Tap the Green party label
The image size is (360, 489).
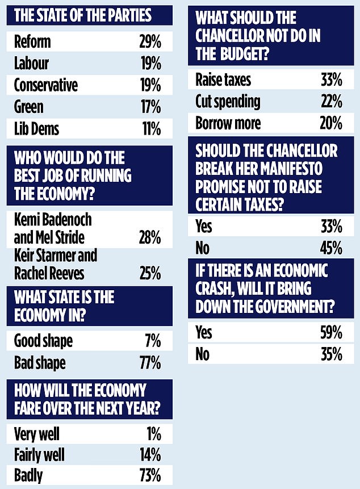29,107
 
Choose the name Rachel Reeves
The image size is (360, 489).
49,273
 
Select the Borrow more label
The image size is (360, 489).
228,123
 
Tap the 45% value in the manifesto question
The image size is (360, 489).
331,248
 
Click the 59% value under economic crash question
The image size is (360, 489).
331,333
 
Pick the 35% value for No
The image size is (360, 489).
331,354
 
